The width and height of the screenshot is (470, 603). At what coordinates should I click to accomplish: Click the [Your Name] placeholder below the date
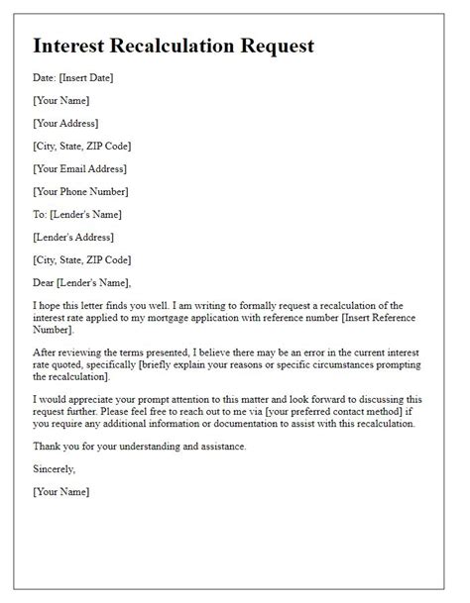[x=60, y=100]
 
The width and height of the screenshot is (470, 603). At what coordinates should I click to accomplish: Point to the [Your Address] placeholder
[x=65, y=123]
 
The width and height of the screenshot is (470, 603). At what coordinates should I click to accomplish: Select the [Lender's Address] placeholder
[x=73, y=237]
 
